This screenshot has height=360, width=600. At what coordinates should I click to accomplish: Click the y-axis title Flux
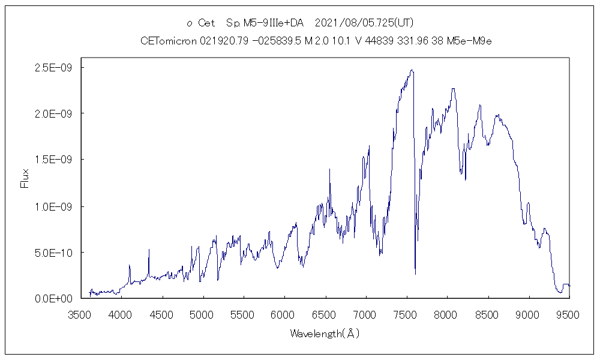coord(25,178)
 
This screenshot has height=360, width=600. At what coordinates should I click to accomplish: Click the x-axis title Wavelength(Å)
coord(325,333)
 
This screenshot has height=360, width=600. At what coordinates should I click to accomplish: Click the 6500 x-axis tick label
coord(325,314)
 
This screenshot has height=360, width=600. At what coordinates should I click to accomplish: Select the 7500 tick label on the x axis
coord(406,314)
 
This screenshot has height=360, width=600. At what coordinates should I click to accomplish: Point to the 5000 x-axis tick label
coord(202,314)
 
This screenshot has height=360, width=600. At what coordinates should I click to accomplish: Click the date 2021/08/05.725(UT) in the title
coord(364,23)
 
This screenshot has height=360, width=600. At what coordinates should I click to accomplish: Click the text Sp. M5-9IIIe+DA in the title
coord(265,23)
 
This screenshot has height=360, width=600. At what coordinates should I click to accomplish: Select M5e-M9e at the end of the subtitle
coord(473,41)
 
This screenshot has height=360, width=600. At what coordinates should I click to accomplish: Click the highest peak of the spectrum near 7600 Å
coord(412,70)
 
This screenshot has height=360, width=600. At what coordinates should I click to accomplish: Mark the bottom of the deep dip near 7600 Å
coord(415,274)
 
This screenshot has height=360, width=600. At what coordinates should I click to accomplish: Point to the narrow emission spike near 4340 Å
coord(149,249)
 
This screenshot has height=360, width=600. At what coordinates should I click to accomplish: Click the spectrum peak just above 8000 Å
coord(453,89)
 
